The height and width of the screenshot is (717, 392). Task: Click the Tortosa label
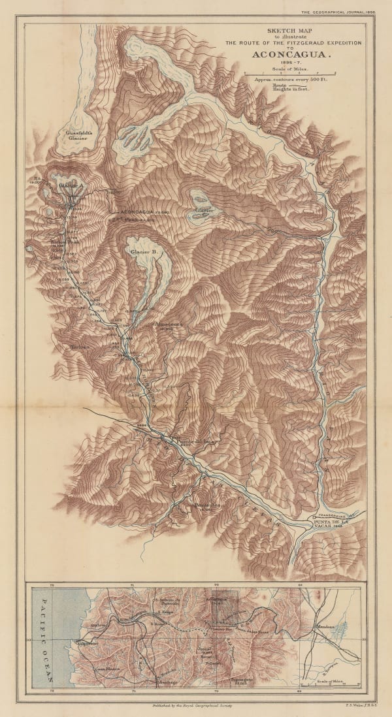[x=78, y=347]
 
